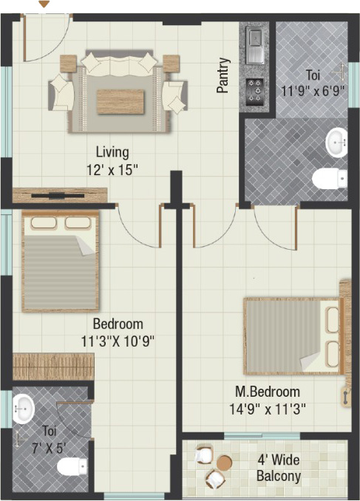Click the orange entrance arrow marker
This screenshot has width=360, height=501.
click(45, 4)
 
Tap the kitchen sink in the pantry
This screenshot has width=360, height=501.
click(254, 45)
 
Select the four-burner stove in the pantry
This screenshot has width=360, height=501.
click(255, 92)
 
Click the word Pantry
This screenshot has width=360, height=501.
click(223, 75)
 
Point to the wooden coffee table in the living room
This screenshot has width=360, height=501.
click(120, 102)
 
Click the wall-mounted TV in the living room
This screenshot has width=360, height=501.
click(58, 196)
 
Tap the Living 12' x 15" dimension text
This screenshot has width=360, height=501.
click(112, 161)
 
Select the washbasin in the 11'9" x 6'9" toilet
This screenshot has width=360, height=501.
click(336, 142)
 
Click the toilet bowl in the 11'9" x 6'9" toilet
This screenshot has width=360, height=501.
click(329, 179)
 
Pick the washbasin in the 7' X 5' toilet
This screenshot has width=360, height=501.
click(24, 409)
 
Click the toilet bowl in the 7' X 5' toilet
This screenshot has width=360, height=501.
click(72, 466)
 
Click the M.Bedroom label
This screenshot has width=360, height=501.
click(268, 392)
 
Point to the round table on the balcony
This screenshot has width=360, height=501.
click(225, 462)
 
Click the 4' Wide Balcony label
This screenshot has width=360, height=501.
click(279, 468)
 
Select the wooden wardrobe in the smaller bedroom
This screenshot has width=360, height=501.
click(53, 367)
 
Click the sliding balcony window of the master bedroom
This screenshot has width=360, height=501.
click(262, 436)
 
